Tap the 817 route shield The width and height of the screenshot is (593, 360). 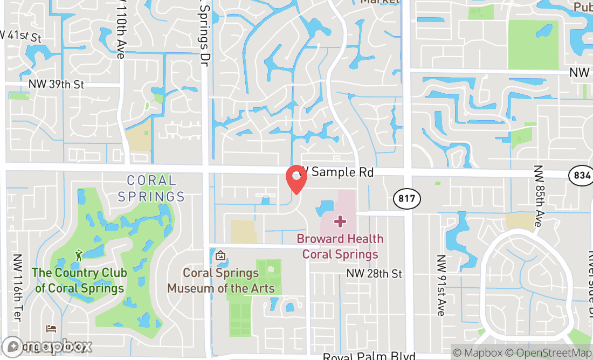click(x=407, y=198)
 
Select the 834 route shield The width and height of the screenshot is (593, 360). click(x=581, y=175)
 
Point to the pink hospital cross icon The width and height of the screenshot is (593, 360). click(x=340, y=221)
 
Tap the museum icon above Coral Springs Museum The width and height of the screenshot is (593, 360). click(x=220, y=255)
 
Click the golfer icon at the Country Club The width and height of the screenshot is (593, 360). click(x=79, y=254)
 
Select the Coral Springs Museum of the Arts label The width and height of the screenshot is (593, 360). click(x=221, y=280)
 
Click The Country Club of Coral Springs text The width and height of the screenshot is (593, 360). click(x=80, y=280)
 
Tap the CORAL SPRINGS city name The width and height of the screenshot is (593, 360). click(x=151, y=188)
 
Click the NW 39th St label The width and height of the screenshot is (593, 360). click(x=57, y=85)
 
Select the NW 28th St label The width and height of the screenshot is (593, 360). click(x=374, y=274)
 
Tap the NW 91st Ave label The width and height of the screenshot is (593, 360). click(x=441, y=285)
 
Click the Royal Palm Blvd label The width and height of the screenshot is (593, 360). click(x=369, y=356)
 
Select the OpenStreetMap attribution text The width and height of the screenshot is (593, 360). click(x=553, y=353)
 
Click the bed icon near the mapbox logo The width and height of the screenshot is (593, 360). click(x=51, y=328)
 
